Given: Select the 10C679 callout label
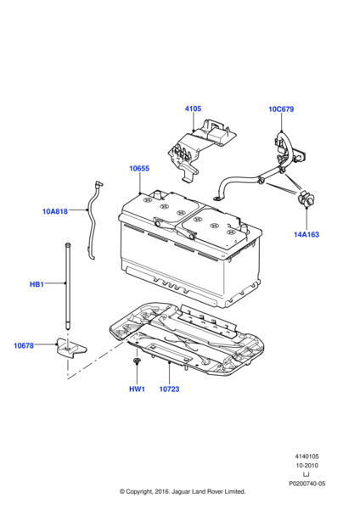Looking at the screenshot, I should [x=281, y=109].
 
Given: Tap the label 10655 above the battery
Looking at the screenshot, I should [x=139, y=169].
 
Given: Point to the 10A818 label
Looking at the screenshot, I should [x=55, y=211].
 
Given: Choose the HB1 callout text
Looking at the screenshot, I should [x=37, y=284].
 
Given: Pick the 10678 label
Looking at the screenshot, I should [x=24, y=345].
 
